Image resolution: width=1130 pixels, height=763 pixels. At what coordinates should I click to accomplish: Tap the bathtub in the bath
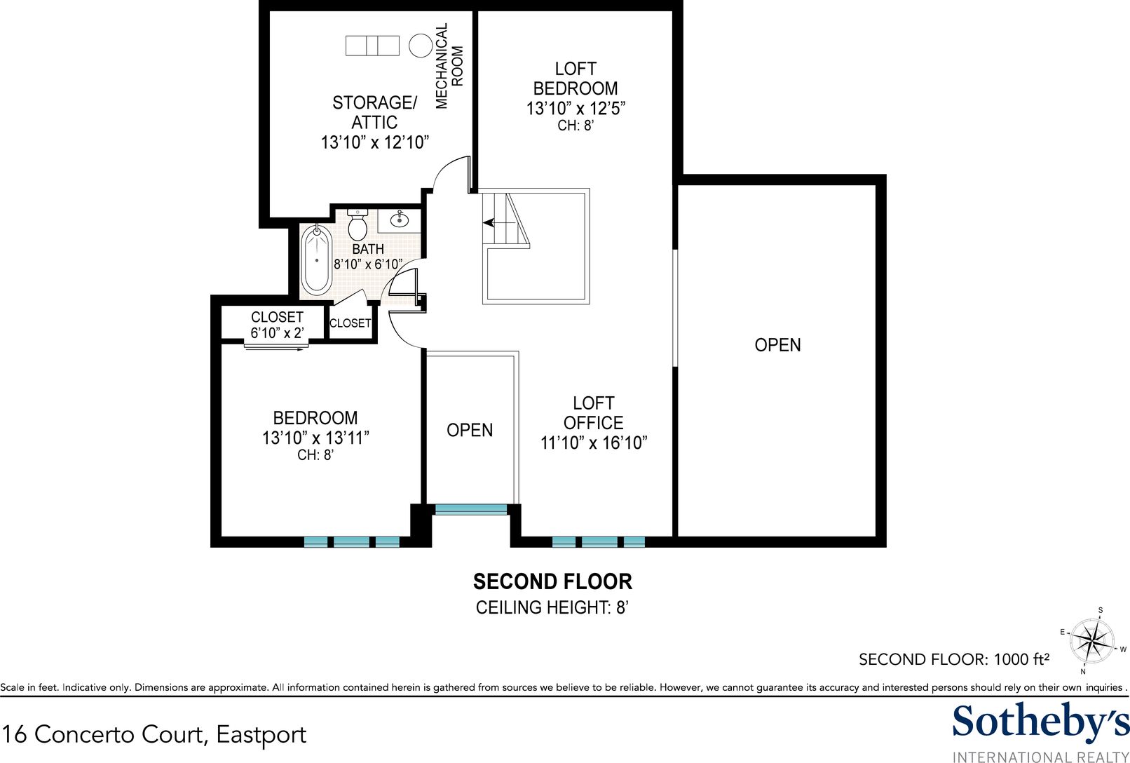[x=316, y=259]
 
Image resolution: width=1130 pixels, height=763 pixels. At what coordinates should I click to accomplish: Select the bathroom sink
[x=400, y=220]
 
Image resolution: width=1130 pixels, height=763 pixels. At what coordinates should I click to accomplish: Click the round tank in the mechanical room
[x=420, y=46]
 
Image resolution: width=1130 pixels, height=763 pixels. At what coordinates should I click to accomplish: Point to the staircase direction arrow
[x=495, y=222]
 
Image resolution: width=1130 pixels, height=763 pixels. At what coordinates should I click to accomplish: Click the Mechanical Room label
[x=449, y=66]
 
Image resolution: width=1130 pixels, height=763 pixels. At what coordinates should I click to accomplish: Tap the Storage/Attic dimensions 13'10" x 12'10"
[x=375, y=143]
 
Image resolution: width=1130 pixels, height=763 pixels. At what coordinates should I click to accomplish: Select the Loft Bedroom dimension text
[x=576, y=109]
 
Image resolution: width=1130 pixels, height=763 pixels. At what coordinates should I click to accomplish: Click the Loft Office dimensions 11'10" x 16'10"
[x=594, y=443]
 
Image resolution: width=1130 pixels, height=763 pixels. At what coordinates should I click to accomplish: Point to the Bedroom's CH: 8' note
[x=315, y=455]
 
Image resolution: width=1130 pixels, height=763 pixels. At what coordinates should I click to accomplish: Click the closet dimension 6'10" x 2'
[x=277, y=332]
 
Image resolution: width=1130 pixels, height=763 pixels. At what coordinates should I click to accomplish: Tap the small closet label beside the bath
[x=350, y=323]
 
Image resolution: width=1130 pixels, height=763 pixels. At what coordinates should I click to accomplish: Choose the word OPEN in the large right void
[x=777, y=345]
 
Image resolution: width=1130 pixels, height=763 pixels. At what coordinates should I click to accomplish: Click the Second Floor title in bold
[x=552, y=582]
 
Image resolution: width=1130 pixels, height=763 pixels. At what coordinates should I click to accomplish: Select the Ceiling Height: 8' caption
[x=552, y=607]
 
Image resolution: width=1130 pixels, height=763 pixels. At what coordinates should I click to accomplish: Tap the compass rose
[x=1091, y=642]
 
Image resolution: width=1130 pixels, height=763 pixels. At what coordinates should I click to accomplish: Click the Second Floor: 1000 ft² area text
[x=954, y=659]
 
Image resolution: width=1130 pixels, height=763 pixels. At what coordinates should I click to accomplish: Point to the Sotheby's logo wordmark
[x=1041, y=722]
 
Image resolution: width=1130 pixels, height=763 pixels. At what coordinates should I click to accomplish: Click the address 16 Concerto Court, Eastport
[x=154, y=734]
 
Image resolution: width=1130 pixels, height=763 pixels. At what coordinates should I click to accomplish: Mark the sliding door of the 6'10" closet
[x=275, y=346]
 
